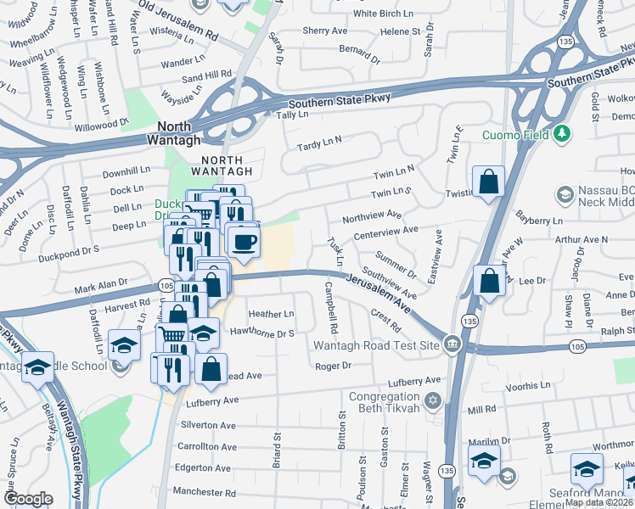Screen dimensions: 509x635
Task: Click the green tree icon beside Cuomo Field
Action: (561, 134)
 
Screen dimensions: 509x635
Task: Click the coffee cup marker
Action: (244, 243)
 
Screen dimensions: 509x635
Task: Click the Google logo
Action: (28, 499)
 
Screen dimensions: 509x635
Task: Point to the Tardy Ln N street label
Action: (319, 144)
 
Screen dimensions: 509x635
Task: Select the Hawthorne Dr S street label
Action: (261, 333)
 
